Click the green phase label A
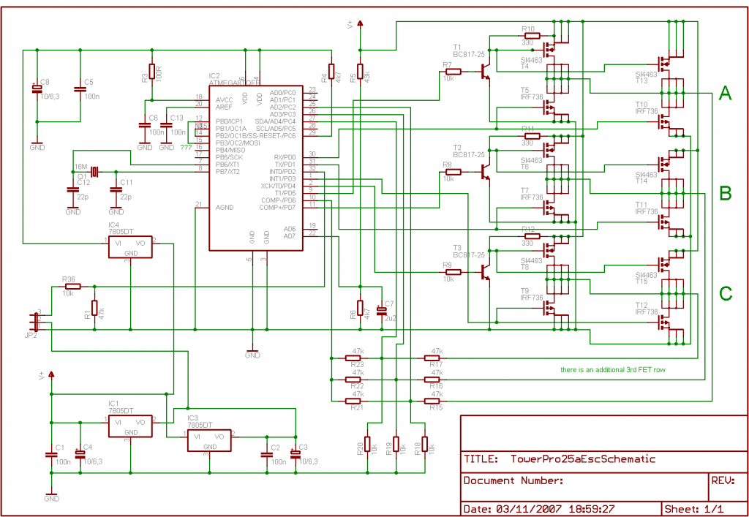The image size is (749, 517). [725, 93]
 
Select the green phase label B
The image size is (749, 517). [725, 193]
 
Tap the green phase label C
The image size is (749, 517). [725, 293]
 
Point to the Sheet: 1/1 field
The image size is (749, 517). [693, 508]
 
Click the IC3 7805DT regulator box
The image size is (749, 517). [208, 440]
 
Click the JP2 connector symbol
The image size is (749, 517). [35, 321]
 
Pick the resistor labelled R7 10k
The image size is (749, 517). [453, 72]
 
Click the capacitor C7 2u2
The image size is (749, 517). [381, 311]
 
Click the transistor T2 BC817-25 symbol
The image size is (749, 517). [483, 171]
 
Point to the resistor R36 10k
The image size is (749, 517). [72, 286]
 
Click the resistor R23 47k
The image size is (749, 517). [358, 358]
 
